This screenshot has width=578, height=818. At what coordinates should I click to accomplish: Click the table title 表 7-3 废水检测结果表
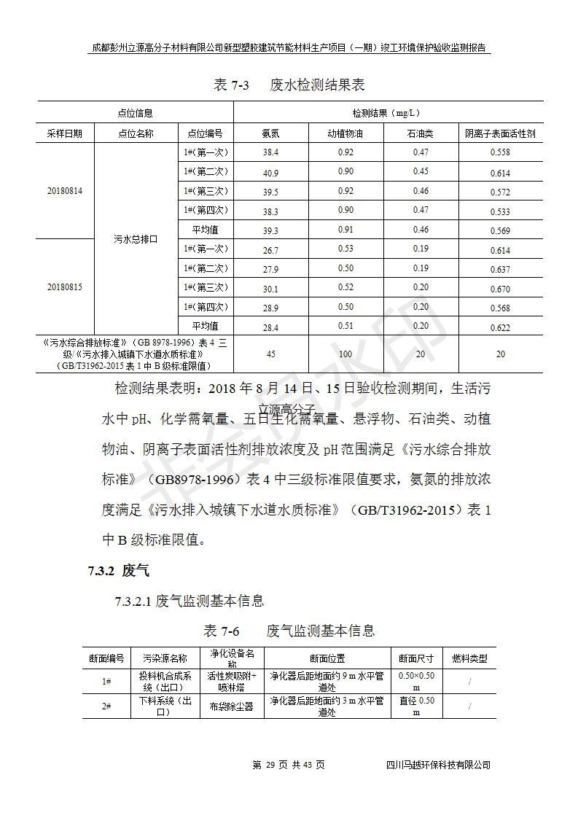point(289,85)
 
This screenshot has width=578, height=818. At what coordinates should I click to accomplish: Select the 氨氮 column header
point(270,133)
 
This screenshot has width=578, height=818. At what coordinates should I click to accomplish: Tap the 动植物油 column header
point(345,133)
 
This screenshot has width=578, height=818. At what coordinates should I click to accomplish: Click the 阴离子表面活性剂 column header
point(500,133)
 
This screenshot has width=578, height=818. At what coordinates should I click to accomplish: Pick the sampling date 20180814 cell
point(65,191)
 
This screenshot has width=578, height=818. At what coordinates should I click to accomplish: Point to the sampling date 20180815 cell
point(65,287)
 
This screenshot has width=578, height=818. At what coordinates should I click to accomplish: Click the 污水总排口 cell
point(136,239)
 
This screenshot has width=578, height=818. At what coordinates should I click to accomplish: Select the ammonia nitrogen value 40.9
point(270,173)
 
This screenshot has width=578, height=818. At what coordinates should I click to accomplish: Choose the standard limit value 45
point(270,354)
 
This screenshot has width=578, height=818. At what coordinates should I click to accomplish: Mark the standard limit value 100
point(345,354)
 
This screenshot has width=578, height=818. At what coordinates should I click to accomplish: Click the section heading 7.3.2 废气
point(118,571)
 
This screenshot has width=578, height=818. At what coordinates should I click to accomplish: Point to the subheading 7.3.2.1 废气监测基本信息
point(189,601)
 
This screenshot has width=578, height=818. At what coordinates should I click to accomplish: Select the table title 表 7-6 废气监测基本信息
point(289,631)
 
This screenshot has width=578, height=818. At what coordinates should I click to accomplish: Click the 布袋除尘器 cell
point(232,706)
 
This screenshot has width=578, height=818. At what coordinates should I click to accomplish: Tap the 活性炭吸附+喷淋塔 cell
point(232,681)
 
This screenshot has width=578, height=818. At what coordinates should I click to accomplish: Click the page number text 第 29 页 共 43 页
point(288,765)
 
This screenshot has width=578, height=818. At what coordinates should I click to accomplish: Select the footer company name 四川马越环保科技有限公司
point(438,765)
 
